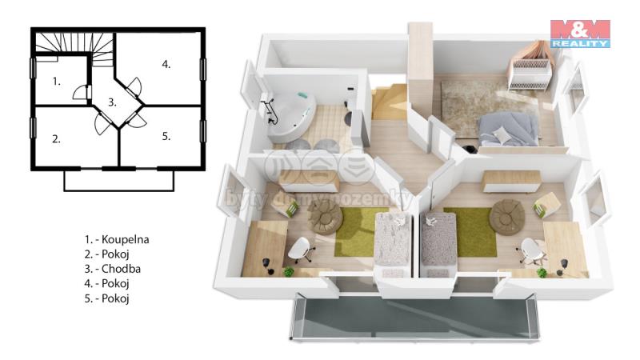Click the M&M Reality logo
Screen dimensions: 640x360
coord(580,34)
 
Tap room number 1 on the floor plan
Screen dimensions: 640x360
coord(56,82)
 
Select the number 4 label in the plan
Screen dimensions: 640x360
coord(166,64)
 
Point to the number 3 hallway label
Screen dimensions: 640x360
coord(112,102)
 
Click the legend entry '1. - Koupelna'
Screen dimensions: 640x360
coord(117,239)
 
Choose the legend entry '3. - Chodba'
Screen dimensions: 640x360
coord(113,269)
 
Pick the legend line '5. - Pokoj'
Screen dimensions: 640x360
coord(107,298)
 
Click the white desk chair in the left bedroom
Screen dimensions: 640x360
coord(301,249)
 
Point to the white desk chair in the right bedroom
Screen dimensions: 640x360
coord(531,250)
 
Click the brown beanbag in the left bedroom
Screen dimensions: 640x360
coord(325,217)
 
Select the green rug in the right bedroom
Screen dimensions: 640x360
coord(470,232)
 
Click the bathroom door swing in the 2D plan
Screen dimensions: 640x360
coord(81,93)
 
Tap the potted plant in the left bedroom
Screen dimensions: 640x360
coord(289,271)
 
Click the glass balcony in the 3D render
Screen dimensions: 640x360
coord(414,317)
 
